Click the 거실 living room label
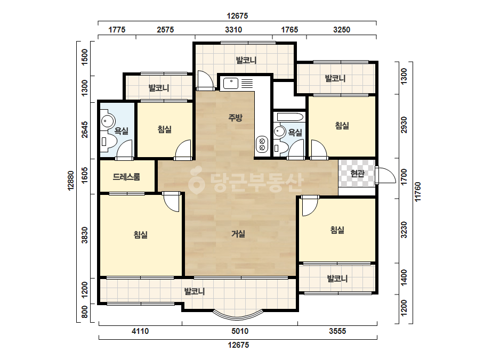pos(238,234)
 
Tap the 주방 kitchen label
pos(235,118)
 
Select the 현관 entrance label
pos(357,173)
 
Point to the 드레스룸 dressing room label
pos(126,177)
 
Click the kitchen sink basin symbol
pos(231,84)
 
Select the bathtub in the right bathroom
pos(290,118)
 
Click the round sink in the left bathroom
pos(108,121)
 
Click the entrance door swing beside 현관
pos(386,175)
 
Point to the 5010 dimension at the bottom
pos(240,331)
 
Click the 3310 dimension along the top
pos(233,30)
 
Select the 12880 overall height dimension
pos(71,181)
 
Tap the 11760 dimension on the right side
pos(417,192)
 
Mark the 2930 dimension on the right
pos(404,125)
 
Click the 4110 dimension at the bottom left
pos(140,331)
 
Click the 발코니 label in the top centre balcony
pos(246,60)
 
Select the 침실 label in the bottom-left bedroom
pos(141,234)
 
